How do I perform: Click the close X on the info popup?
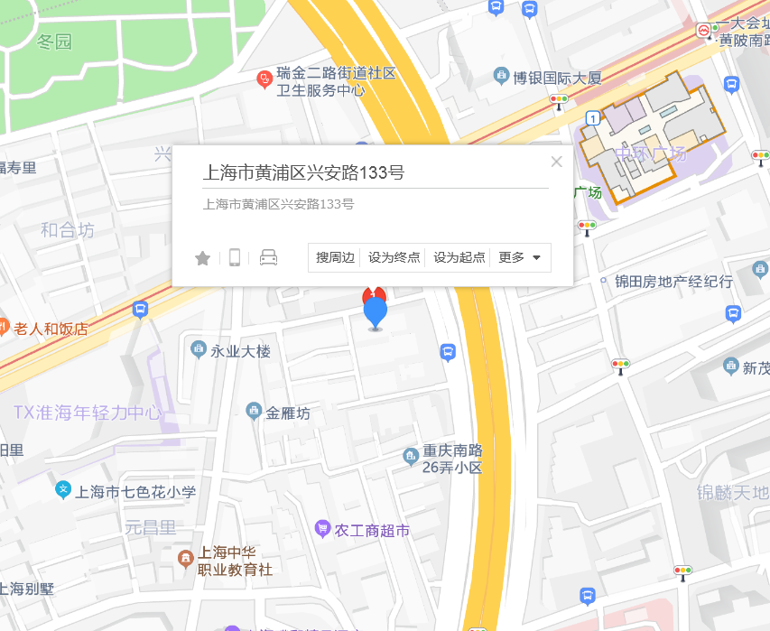click(x=556, y=162)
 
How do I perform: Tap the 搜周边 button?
click(x=335, y=257)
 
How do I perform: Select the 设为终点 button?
click(x=394, y=257)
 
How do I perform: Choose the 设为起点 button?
click(x=459, y=257)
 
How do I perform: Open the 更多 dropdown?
click(x=520, y=257)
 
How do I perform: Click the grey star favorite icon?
click(x=203, y=258)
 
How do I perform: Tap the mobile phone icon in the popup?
click(x=235, y=258)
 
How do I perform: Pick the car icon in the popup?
click(x=268, y=258)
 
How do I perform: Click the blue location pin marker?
click(x=376, y=312)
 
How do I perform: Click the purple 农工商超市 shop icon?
click(x=322, y=529)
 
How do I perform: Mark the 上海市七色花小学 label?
click(x=135, y=492)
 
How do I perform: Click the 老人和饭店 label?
click(x=51, y=329)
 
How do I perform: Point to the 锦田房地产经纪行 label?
click(x=673, y=282)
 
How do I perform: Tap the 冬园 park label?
click(x=54, y=42)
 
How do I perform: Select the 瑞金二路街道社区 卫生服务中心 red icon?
click(x=264, y=79)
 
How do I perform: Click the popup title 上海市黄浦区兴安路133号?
click(x=305, y=172)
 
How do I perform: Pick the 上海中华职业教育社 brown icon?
click(x=185, y=560)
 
